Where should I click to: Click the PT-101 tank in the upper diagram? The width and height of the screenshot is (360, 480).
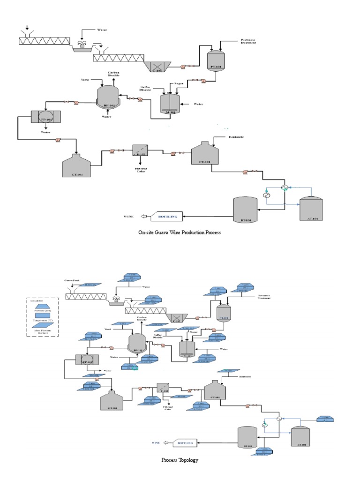tap(217, 61)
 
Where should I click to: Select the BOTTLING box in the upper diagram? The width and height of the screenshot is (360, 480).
tap(168, 217)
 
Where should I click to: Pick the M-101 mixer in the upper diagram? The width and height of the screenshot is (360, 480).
tap(171, 102)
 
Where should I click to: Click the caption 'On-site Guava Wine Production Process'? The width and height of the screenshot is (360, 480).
tap(180, 232)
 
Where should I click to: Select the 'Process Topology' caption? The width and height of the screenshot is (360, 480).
tap(180, 460)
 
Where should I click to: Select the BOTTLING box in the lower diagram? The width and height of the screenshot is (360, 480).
tap(185, 442)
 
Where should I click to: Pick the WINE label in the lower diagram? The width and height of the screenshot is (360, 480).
tap(157, 442)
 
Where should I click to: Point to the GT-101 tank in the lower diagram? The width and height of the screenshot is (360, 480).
tap(112, 402)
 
